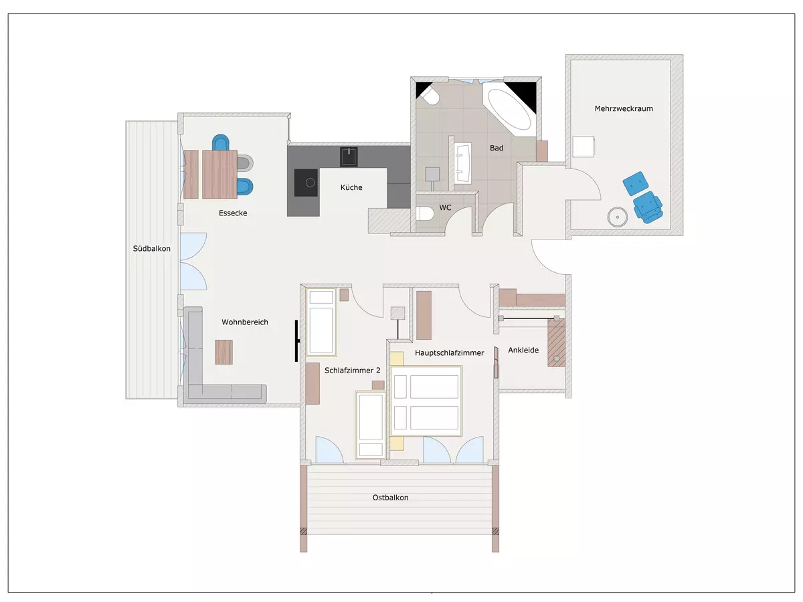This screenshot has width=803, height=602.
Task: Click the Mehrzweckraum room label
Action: point(624,108)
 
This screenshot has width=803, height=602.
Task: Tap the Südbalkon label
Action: point(151,249)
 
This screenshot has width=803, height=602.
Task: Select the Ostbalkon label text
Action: point(390,498)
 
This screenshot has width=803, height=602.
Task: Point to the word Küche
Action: point(351,187)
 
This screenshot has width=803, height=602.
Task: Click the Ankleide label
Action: point(523,350)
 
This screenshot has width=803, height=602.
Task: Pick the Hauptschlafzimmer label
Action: point(449,353)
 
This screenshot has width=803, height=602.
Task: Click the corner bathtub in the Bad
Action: point(509,109)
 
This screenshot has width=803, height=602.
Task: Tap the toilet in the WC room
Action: point(425,213)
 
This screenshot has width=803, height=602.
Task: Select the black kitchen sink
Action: point(349,157)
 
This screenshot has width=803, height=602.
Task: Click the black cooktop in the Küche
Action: point(306,183)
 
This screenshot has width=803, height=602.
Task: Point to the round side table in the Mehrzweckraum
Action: point(618,217)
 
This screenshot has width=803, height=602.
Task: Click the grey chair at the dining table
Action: point(245,163)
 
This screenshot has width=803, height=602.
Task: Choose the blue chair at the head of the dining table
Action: point(221,142)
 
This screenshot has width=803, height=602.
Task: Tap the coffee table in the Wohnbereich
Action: point(224,352)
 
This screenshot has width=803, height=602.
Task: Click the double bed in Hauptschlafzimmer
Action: point(426,401)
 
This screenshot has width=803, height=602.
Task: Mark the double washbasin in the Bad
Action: point(463,163)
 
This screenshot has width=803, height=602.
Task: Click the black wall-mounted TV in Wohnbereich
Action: point(297,340)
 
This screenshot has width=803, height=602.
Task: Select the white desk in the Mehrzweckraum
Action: point(584,146)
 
